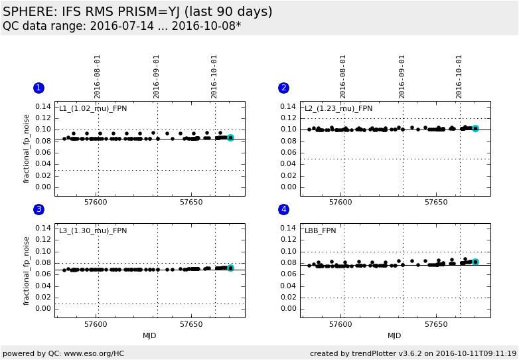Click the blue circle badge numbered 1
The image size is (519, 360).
click(38, 88)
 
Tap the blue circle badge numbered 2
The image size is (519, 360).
click(284, 88)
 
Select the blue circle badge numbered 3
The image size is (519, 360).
click(38, 209)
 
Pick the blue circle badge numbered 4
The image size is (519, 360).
click(284, 209)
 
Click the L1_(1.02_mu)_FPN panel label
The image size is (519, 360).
click(93, 109)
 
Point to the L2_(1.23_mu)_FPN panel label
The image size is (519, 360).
click(338, 109)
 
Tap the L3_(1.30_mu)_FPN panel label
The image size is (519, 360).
click(93, 230)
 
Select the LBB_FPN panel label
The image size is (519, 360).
click(321, 230)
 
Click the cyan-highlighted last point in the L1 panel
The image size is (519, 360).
click(230, 137)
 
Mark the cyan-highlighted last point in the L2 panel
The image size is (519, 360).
click(475, 128)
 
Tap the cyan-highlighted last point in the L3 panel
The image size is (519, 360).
click(230, 268)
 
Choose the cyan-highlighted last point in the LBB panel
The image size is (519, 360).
click(475, 262)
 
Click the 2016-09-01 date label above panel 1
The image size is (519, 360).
click(157, 76)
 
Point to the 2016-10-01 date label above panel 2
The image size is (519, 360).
click(459, 76)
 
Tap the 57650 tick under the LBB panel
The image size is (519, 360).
click(436, 324)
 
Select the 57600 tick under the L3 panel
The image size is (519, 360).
click(96, 324)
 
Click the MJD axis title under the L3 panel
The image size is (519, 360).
click(149, 335)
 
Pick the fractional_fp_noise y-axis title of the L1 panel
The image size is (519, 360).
click(27, 148)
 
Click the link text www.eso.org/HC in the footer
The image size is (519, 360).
click(96, 353)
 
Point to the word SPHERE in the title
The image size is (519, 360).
click(29, 12)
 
